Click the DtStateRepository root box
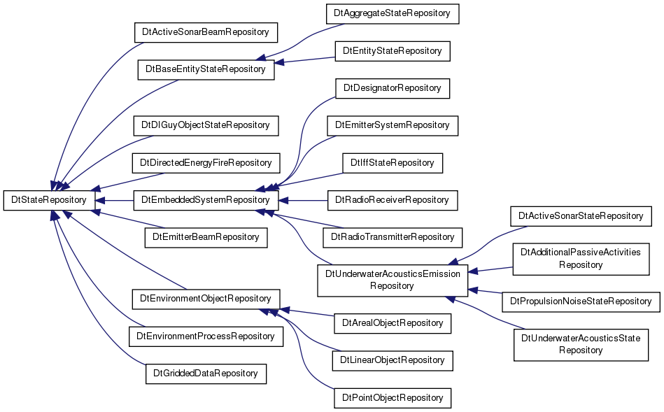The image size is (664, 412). click(49, 200)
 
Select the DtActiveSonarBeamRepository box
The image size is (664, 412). click(206, 32)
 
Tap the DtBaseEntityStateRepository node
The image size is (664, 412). click(206, 69)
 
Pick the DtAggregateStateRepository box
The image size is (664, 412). click(392, 13)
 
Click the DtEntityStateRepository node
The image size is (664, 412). click(392, 51)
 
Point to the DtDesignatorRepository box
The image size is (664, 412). click(392, 88)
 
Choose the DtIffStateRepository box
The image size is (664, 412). click(392, 163)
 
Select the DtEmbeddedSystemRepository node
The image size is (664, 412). click(206, 200)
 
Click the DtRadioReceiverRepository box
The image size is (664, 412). click(392, 200)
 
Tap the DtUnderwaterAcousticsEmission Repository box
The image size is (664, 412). click(393, 280)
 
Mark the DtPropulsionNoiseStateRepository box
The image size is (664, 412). click(581, 301)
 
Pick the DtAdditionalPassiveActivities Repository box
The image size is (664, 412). click(581, 259)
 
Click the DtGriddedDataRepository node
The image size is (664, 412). click(206, 374)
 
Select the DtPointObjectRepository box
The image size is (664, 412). click(392, 398)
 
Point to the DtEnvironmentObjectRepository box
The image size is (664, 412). click(206, 299)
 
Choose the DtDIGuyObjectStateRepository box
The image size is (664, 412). click(206, 125)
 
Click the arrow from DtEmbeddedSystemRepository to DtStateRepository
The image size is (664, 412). click(114, 200)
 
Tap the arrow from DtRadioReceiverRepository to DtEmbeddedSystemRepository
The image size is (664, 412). click(303, 200)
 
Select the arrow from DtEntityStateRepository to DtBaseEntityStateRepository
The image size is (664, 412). click(304, 60)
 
